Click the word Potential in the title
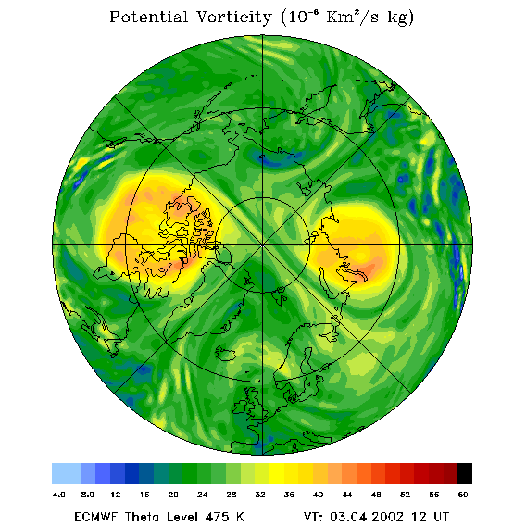click(x=148, y=17)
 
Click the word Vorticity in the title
click(x=233, y=17)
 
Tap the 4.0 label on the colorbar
click(x=59, y=495)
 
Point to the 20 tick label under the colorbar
click(x=173, y=495)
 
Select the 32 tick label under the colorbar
click(x=260, y=495)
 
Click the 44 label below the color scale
click(x=347, y=495)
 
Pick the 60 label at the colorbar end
click(x=463, y=495)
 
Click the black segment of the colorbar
click(x=465, y=473)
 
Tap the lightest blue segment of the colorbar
click(x=67, y=473)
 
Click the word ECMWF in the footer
click(x=96, y=517)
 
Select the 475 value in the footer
click(x=218, y=517)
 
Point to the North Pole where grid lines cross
click(x=263, y=245)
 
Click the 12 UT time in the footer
click(x=430, y=517)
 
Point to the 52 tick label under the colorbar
click(x=405, y=495)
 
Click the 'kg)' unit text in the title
click(x=401, y=19)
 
